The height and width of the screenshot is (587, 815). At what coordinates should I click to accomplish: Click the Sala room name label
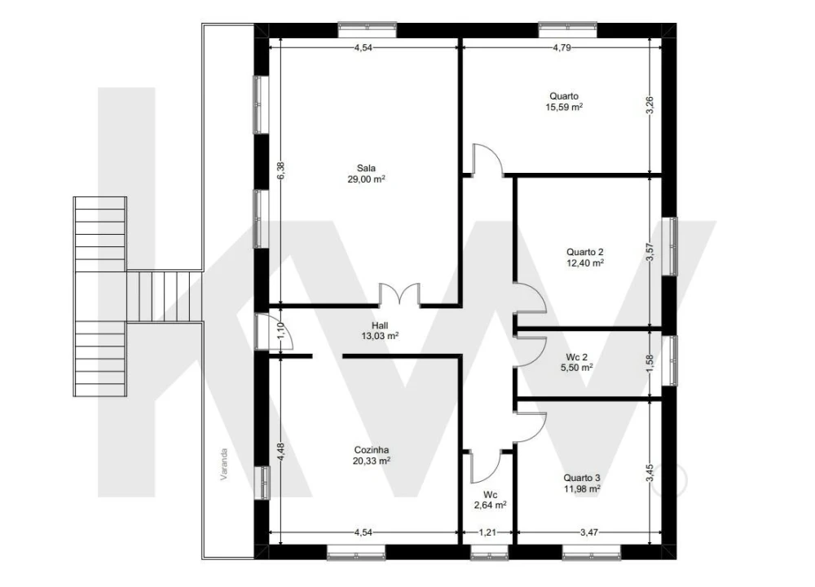366,168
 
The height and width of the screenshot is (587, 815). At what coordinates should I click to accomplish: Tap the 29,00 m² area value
367,179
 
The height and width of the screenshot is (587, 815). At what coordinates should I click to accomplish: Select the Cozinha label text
371,450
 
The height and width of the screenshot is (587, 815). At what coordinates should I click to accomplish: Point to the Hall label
380,325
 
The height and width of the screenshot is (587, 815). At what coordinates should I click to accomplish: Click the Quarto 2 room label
584,252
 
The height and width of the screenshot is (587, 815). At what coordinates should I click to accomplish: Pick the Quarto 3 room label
582,478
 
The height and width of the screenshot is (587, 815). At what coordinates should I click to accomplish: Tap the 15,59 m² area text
564,107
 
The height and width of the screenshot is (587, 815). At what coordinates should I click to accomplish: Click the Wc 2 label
577,357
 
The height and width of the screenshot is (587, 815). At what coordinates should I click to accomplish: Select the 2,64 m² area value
490,505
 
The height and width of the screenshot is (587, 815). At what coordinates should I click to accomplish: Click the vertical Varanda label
224,464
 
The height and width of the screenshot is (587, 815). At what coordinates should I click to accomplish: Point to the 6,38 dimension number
280,171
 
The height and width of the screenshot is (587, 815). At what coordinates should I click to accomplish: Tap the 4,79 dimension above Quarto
562,47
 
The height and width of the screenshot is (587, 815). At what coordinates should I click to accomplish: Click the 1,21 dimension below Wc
487,532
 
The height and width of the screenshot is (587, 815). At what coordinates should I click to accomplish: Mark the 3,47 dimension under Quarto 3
589,532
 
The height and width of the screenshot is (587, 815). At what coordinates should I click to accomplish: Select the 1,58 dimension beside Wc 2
650,364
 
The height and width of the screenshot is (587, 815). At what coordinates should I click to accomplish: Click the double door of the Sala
399,294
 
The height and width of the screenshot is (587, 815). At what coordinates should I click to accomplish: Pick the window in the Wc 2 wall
670,361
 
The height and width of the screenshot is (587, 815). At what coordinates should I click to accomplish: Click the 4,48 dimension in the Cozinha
280,452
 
